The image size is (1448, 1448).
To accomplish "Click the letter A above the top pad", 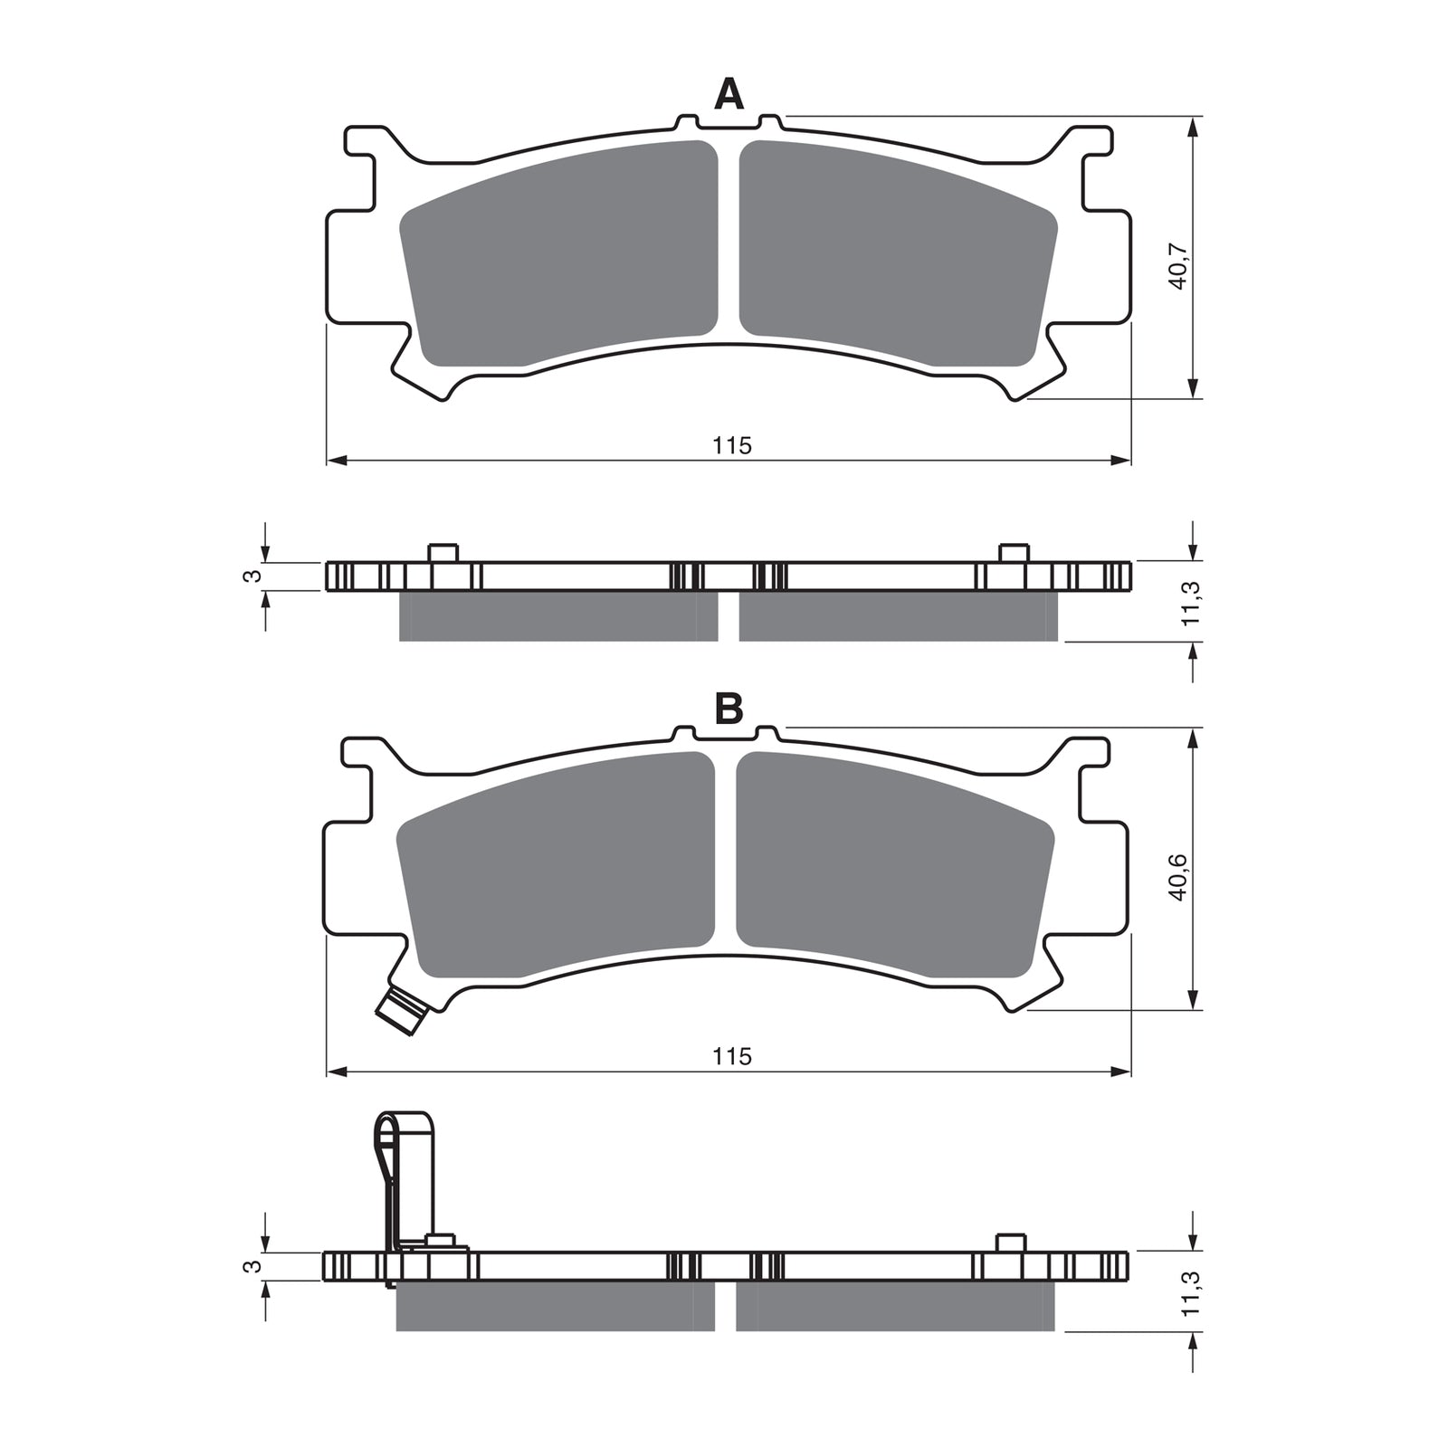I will click(x=729, y=94).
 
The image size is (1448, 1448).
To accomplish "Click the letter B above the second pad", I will click(x=729, y=710).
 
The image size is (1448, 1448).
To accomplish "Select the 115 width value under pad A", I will click(x=731, y=445).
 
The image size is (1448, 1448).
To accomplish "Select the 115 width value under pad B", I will click(x=731, y=1056).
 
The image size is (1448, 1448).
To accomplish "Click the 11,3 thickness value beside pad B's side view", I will click(x=1193, y=1294).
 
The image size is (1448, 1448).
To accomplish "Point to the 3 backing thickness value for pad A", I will click(x=256, y=575).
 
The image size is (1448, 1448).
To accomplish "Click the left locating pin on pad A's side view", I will click(x=443, y=553).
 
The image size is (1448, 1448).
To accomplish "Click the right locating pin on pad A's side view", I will click(x=1013, y=553).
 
